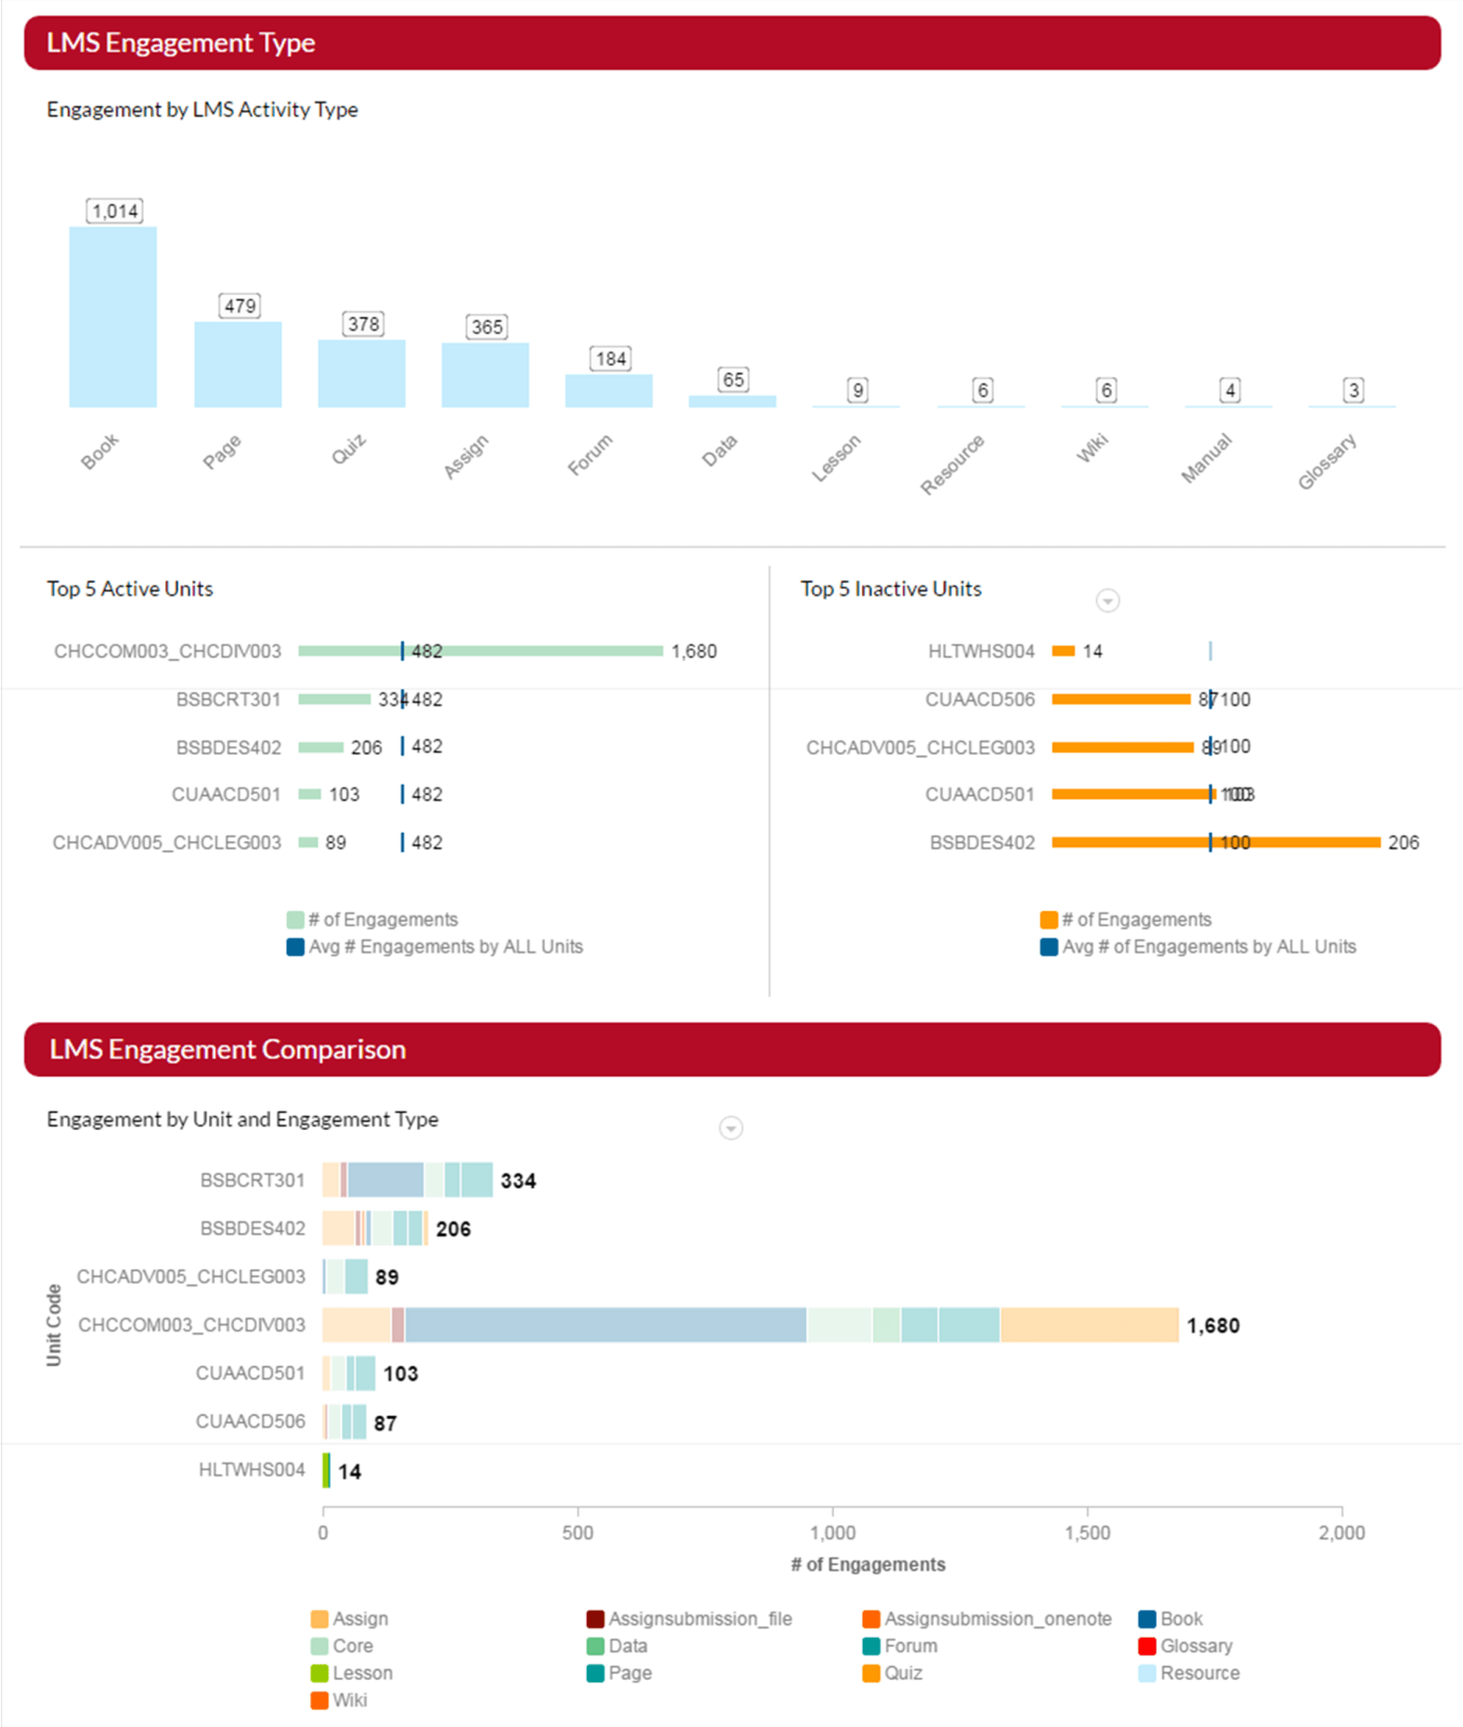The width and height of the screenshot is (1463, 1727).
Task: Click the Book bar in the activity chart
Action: coord(112,317)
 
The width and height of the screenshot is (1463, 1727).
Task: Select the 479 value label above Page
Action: coord(240,305)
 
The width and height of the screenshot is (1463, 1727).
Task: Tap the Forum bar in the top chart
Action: coord(608,391)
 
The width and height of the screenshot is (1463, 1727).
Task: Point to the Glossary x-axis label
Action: coord(1326,461)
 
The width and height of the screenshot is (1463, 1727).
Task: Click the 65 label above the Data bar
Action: coord(733,380)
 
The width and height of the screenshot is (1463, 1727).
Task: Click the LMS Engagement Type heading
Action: coord(181,43)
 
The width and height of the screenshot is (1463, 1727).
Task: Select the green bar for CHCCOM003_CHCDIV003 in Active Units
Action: coord(480,651)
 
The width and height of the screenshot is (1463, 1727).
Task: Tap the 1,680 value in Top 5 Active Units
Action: coord(694,652)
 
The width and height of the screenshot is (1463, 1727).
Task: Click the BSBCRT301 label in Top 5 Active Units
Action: coord(228,699)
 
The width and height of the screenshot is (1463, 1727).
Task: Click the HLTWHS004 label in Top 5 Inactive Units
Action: coord(981,652)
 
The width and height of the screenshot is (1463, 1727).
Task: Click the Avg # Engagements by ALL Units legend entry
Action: coord(445,947)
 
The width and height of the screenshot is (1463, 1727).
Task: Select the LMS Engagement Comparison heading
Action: coord(228,1049)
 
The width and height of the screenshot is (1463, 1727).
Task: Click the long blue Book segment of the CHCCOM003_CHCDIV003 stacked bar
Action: coord(605,1325)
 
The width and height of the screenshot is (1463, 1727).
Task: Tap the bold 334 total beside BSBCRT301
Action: coord(518,1181)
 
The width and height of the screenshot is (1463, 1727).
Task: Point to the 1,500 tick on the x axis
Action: coord(1088,1533)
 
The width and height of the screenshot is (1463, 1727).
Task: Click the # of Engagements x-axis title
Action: coord(868,1565)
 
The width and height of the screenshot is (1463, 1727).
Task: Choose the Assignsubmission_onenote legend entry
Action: coord(997,1619)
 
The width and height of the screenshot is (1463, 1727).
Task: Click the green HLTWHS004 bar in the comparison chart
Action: coord(326,1470)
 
